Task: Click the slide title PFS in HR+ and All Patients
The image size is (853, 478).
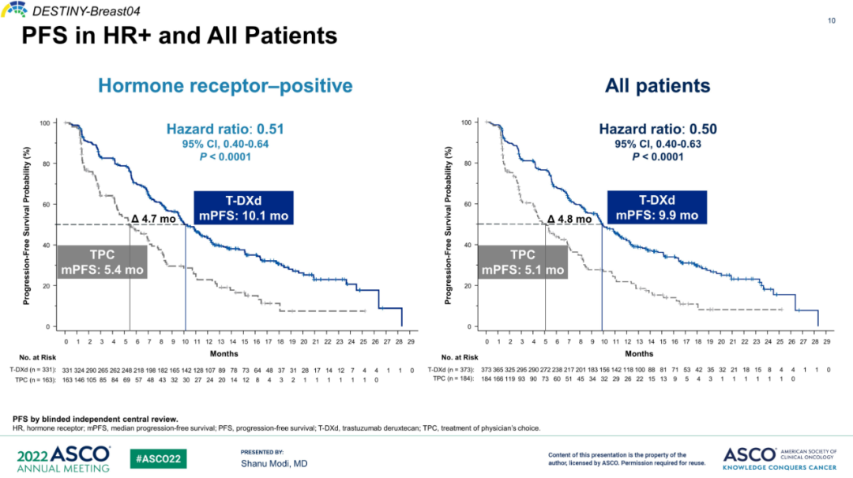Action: tap(178, 36)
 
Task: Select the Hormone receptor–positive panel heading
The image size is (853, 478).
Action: tap(225, 85)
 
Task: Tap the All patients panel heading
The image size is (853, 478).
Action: tap(657, 85)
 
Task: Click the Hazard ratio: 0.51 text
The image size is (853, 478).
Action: tap(225, 130)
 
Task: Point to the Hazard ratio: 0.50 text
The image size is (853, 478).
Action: tap(657, 130)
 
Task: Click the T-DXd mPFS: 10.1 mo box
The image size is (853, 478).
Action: tap(242, 209)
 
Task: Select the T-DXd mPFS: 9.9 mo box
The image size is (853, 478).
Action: tap(657, 209)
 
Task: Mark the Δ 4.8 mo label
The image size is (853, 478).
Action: tap(569, 220)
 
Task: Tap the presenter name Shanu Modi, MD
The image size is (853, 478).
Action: tap(273, 464)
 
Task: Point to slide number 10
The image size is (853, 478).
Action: tap(832, 21)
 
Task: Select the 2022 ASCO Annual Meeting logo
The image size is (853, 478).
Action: tap(62, 458)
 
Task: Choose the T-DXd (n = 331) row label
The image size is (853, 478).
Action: tap(32, 369)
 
